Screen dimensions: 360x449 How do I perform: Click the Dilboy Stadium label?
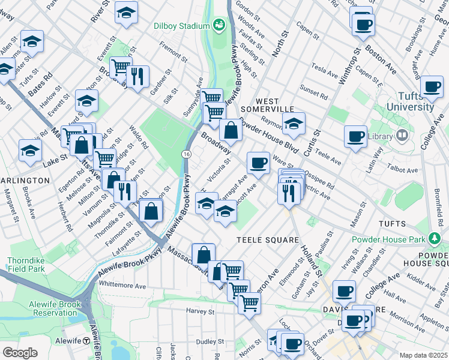[181, 25]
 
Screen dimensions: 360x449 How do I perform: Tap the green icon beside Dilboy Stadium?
[218, 25]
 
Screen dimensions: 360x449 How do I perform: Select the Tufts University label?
[410, 102]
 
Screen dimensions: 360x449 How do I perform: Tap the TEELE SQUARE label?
[267, 240]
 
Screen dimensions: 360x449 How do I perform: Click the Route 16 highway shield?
[187, 155]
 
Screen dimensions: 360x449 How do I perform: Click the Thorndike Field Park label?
[26, 265]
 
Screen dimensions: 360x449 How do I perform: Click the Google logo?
[20, 352]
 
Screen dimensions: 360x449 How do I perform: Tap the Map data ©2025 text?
[423, 355]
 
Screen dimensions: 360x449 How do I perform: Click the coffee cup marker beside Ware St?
[258, 162]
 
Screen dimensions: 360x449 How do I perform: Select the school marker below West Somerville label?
[294, 124]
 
